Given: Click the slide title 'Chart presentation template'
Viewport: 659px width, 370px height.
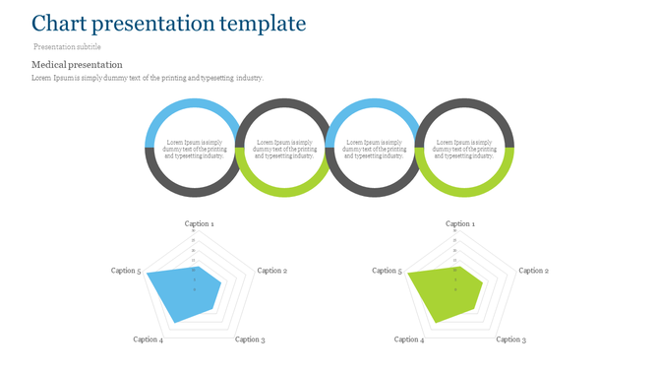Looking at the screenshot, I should click(x=168, y=24).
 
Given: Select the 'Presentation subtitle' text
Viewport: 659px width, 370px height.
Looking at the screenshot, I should click(x=67, y=46).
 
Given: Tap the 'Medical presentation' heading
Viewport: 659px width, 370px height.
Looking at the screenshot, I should click(x=77, y=65).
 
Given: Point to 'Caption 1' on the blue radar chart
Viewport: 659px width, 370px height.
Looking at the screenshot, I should click(x=198, y=224).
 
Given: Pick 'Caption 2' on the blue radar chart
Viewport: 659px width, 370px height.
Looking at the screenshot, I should click(x=271, y=271).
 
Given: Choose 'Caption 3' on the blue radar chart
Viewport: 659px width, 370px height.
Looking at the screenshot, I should click(x=249, y=339).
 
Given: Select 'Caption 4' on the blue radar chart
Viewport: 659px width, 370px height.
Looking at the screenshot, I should click(x=149, y=339).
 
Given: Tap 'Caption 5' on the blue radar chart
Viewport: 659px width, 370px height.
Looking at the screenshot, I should click(x=126, y=271).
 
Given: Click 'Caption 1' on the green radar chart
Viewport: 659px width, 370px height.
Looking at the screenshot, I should click(x=459, y=224).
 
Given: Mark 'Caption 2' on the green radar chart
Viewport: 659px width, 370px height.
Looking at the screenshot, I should click(x=533, y=271).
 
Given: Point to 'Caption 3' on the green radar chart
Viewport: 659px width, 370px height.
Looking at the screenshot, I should click(x=510, y=339).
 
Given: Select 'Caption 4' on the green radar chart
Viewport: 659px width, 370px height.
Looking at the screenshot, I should click(x=409, y=339).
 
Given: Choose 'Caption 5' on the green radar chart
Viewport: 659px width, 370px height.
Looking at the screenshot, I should click(x=387, y=271).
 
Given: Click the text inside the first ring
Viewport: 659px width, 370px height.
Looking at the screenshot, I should click(x=194, y=149).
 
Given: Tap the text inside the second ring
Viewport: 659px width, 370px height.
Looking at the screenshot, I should click(x=284, y=149).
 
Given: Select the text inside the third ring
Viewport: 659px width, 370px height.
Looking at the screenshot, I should click(x=374, y=149).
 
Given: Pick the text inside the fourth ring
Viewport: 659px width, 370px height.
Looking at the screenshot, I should click(x=464, y=149).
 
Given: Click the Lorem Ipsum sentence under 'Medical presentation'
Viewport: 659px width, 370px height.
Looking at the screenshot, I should click(x=148, y=78).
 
